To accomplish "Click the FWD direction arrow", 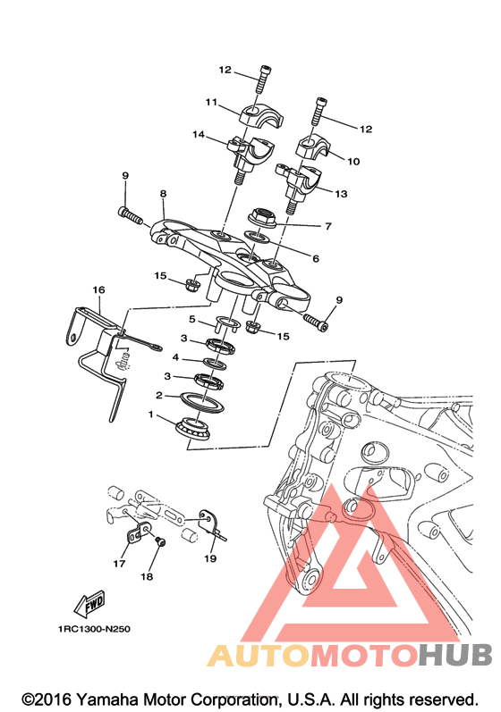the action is point(89,603).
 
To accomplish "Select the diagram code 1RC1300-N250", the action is point(94,629).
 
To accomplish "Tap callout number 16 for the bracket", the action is point(98,289).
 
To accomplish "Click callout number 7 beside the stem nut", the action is point(328,226).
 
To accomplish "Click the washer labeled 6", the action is point(257,236).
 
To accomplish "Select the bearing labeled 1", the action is point(192,428).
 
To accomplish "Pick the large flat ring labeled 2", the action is point(200,401).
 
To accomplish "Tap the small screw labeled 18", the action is point(159,541).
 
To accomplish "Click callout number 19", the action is point(210,558).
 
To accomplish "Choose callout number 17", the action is point(119,564).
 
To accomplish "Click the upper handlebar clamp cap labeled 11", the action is point(261,115).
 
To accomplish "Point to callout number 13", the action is point(341,194).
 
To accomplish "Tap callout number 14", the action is point(199,135).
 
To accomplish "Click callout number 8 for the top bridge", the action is point(163,194).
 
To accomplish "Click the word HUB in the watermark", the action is point(455,655).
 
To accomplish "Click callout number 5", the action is point(191,319).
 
